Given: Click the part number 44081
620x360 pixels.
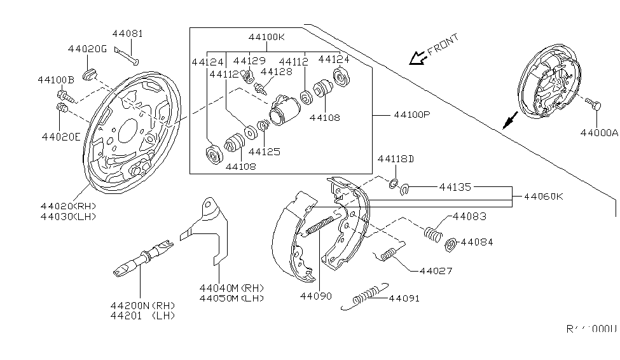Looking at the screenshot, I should pyautogui.click(x=128, y=33).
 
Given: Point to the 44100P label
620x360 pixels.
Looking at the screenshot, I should pyautogui.click(x=411, y=115).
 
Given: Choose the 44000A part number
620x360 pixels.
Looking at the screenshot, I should pyautogui.click(x=598, y=133).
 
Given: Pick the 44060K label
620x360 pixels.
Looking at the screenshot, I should pyautogui.click(x=543, y=197).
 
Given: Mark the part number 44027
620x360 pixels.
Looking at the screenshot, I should pyautogui.click(x=436, y=271).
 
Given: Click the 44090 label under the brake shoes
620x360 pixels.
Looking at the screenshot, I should pyautogui.click(x=317, y=296).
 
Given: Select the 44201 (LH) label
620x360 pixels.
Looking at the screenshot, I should pyautogui.click(x=142, y=315).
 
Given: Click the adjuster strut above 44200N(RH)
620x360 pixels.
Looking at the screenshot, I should pyautogui.click(x=140, y=260).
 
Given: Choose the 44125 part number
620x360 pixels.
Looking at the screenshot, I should pyautogui.click(x=265, y=152).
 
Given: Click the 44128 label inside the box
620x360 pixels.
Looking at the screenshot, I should pyautogui.click(x=277, y=72).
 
